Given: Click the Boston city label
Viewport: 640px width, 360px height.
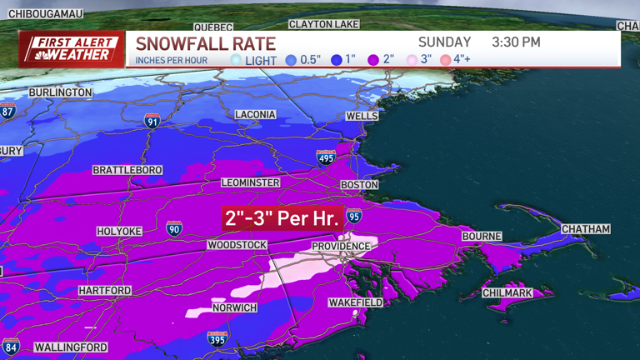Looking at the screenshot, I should pyautogui.click(x=359, y=185).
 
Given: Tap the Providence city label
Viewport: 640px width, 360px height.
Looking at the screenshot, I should pyautogui.click(x=341, y=247).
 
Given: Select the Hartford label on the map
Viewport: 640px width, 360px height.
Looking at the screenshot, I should pyautogui.click(x=105, y=291).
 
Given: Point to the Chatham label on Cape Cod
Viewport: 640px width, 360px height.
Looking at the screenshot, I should pyautogui.click(x=586, y=229).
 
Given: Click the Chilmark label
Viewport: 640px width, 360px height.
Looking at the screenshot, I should pyautogui.click(x=508, y=293).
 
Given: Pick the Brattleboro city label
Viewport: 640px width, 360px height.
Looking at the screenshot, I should pyautogui.click(x=127, y=170).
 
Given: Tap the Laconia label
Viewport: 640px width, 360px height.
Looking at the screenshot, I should pyautogui.click(x=255, y=114).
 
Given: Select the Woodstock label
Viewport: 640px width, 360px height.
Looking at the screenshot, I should pyautogui.click(x=237, y=245).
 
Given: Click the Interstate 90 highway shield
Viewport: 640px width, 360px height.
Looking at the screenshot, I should pyautogui.click(x=173, y=228).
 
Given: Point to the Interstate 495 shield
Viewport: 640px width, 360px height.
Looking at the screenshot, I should pyautogui.click(x=326, y=157).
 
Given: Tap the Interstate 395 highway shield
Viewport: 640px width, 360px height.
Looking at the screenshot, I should pyautogui.click(x=217, y=338).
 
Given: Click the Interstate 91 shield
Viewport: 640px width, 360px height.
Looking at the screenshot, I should pyautogui.click(x=152, y=121).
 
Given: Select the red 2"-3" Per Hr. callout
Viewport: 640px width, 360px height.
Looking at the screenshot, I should pyautogui.click(x=282, y=219).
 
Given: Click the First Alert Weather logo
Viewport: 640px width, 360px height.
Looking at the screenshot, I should pyautogui.click(x=72, y=49).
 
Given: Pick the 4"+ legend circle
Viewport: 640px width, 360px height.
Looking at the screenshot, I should pyautogui.click(x=446, y=60).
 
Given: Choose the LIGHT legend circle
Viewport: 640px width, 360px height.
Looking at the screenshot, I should pyautogui.click(x=236, y=60).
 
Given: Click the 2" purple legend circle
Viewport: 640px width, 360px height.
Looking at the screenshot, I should pyautogui.click(x=373, y=60).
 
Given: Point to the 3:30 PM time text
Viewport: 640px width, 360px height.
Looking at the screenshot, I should pyautogui.click(x=516, y=42).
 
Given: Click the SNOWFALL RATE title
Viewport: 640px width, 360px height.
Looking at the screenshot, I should pyautogui.click(x=205, y=43).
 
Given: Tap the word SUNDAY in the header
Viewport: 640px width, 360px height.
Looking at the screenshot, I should pyautogui.click(x=444, y=42).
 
